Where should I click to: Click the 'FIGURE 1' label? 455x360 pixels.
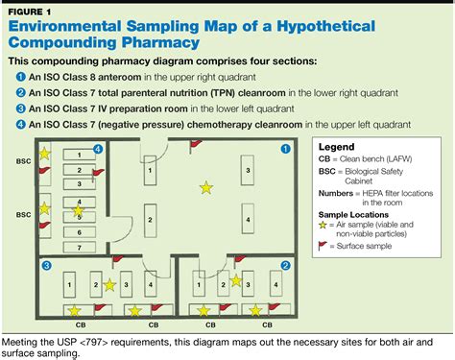point(29,12)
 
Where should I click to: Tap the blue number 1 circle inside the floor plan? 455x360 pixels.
point(284,149)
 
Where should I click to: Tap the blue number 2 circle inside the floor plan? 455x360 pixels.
point(284,264)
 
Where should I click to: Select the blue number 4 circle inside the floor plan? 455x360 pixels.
point(98,149)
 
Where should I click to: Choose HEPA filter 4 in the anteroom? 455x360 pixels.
point(248,220)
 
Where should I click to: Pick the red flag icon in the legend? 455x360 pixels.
point(323,247)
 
